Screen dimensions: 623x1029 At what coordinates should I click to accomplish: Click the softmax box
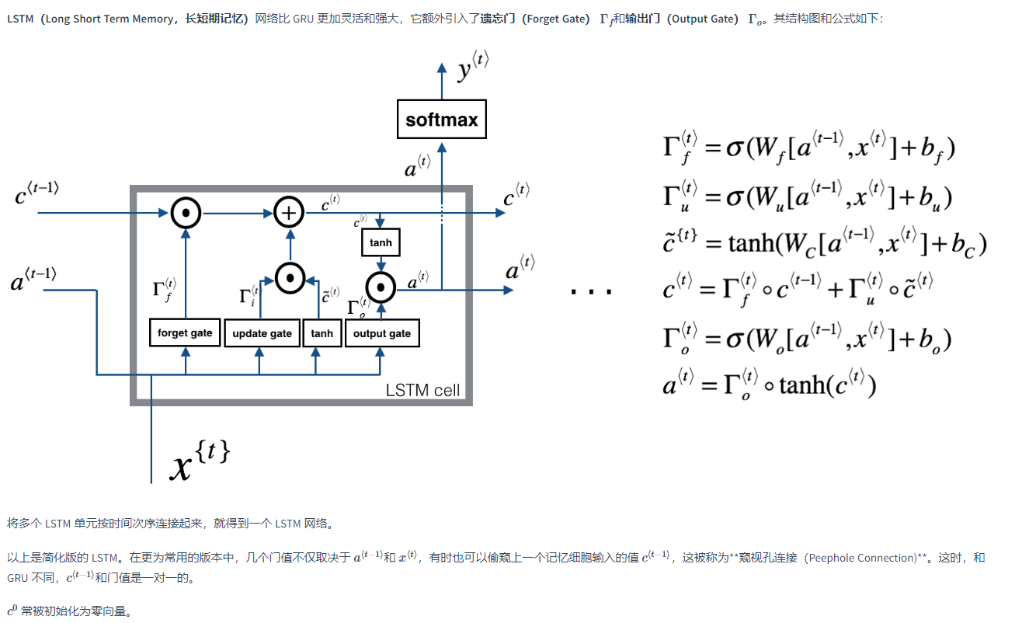pyautogui.click(x=441, y=120)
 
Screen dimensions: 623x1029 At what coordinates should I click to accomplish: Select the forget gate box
pyautogui.click(x=185, y=333)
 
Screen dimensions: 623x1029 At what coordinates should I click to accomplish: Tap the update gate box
pyautogui.click(x=261, y=334)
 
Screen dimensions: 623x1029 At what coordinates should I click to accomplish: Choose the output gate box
pyautogui.click(x=381, y=333)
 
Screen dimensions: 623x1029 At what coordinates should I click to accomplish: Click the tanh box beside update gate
pyautogui.click(x=322, y=334)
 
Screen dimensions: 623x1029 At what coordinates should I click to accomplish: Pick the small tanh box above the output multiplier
pyautogui.click(x=381, y=243)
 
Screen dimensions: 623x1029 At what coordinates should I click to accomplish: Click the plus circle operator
pyautogui.click(x=290, y=211)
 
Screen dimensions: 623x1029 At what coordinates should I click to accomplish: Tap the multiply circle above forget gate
pyautogui.click(x=186, y=211)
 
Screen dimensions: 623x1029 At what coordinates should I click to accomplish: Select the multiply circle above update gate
pyautogui.click(x=290, y=276)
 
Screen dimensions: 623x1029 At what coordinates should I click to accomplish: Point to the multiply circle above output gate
pyautogui.click(x=381, y=290)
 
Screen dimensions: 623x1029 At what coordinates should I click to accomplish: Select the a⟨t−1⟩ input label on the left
pyautogui.click(x=34, y=280)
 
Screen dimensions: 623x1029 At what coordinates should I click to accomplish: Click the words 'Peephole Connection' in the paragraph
pyautogui.click(x=862, y=558)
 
